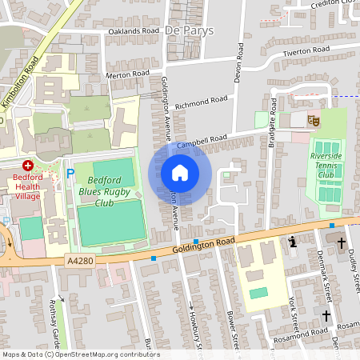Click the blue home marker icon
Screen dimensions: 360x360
180,173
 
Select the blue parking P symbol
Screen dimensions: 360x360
70,173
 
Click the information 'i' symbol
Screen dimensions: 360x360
292,241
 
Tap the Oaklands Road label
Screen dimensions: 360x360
134,30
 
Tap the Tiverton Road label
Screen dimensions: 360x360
305,51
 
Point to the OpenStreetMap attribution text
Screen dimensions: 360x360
81,354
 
